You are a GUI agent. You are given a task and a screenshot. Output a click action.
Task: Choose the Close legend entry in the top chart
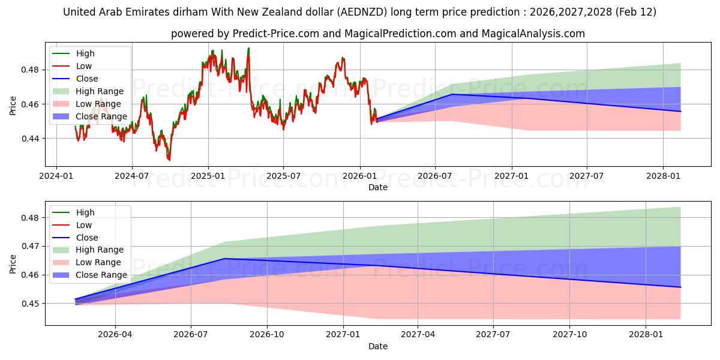click(87, 79)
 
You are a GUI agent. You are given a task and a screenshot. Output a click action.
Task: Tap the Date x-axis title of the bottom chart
click(378, 346)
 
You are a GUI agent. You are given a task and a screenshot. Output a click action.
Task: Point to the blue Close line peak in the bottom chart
click(224, 259)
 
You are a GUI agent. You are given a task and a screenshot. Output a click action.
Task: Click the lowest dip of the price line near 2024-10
click(169, 160)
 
